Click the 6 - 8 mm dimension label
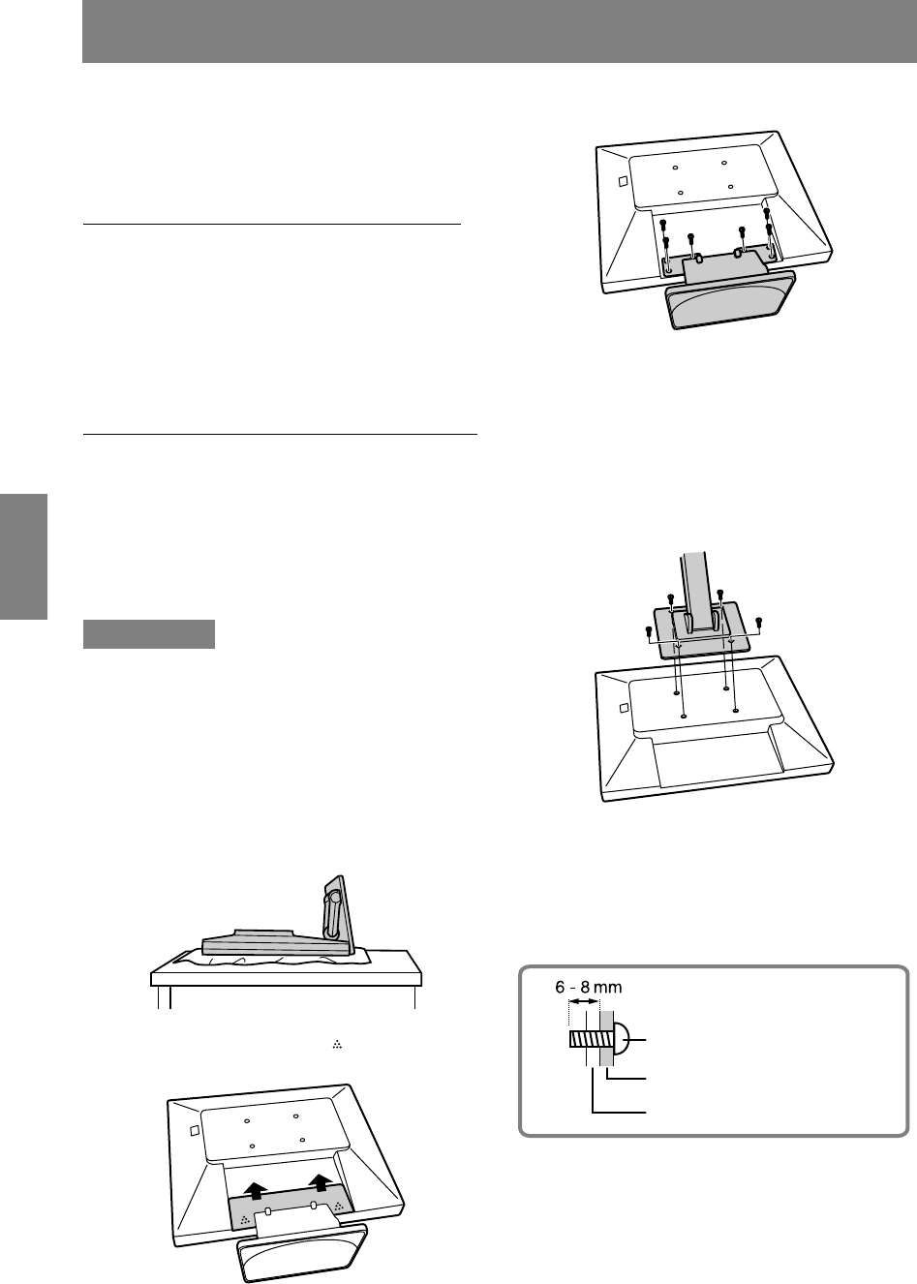tap(588, 987)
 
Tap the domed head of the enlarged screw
tap(622, 1039)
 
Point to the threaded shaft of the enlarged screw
tap(585, 1039)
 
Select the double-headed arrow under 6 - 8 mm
tap(584, 1001)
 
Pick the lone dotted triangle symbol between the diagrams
tap(338, 1045)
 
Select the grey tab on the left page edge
tap(23, 556)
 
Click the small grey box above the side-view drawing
tap(149, 634)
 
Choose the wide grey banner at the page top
tap(500, 31)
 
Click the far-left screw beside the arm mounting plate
tap(649, 631)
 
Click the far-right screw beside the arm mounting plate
tap(759, 622)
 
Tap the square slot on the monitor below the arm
tap(625, 707)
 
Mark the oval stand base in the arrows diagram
tap(301, 1253)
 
